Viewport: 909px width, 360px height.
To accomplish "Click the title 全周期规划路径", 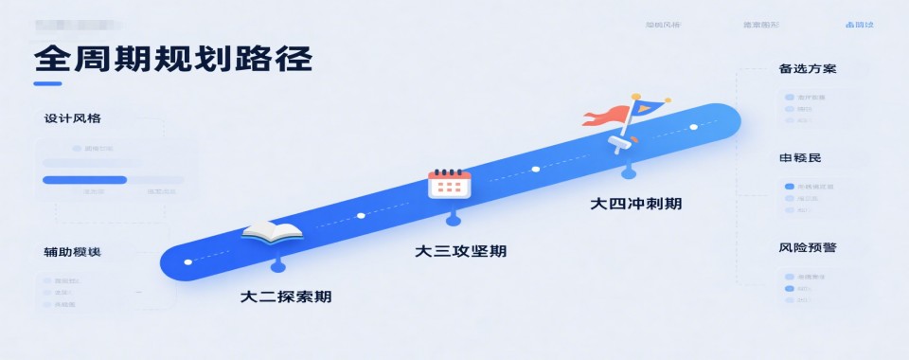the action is click(173, 60).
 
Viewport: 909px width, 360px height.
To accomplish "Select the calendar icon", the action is click(450, 182).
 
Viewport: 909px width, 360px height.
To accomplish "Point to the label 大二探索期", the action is click(286, 297).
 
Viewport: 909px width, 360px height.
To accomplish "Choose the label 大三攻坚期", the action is click(460, 251).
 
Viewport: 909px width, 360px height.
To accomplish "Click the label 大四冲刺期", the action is click(635, 203).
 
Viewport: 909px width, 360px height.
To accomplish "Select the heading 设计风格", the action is click(72, 119).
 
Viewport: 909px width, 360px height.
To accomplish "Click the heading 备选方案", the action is click(807, 69).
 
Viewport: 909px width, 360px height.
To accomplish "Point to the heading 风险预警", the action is click(807, 248).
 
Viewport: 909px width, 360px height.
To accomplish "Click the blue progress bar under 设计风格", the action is click(84, 179).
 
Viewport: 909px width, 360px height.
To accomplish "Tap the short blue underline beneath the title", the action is click(47, 83).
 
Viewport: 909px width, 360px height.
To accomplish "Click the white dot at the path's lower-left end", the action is click(187, 261).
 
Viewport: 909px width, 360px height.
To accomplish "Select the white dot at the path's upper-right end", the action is click(694, 127).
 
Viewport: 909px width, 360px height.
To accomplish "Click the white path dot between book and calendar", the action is click(360, 216).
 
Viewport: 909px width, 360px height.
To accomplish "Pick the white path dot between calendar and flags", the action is click(535, 170).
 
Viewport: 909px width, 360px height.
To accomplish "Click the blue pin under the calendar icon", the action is click(453, 219).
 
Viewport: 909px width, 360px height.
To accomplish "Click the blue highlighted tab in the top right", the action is click(859, 25).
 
